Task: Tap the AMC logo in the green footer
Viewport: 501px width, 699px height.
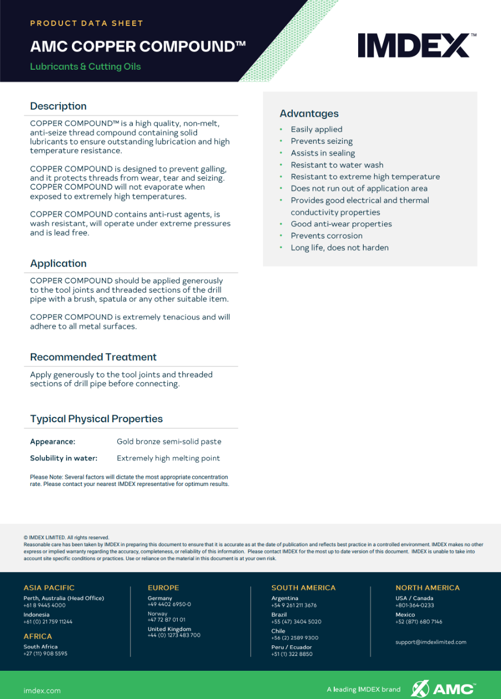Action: (443, 688)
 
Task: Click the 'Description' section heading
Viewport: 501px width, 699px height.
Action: (58, 106)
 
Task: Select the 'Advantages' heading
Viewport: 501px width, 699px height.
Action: (309, 113)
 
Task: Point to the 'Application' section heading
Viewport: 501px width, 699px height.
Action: (58, 263)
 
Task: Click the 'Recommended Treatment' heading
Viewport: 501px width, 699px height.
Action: (93, 357)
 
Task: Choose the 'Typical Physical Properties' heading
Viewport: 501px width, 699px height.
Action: (96, 419)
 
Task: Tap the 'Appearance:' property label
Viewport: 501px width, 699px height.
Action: (53, 442)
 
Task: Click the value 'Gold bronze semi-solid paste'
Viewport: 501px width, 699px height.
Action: (169, 442)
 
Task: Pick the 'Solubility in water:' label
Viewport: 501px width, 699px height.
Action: (64, 458)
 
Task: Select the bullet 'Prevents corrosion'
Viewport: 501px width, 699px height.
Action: (327, 236)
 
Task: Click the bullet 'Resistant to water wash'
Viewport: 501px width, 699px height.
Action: (337, 165)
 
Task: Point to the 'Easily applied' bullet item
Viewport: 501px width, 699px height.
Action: (317, 130)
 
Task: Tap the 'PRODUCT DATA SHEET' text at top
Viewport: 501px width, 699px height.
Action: (86, 23)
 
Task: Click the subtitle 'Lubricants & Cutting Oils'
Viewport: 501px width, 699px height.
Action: (85, 66)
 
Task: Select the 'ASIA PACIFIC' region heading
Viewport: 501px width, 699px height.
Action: (49, 588)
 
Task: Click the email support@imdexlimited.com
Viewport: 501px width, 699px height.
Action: (431, 642)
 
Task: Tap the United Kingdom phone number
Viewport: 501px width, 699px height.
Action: (174, 635)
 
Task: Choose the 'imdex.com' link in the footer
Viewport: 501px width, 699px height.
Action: (42, 691)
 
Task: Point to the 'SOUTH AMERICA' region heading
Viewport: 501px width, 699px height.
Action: (303, 588)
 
